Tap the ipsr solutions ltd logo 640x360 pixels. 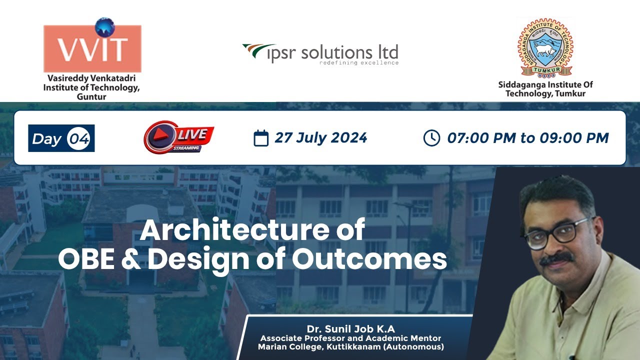320,53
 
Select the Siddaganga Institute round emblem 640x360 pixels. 545,48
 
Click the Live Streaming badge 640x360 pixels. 178,138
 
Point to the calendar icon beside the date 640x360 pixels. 261,138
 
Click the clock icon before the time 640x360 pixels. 431,138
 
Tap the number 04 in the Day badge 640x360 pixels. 79,138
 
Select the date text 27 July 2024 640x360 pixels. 321,138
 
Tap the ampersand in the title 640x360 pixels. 131,259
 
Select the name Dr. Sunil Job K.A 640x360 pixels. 350,328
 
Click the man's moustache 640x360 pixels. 557,258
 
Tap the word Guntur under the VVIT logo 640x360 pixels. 92,97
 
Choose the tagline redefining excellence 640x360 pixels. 359,63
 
